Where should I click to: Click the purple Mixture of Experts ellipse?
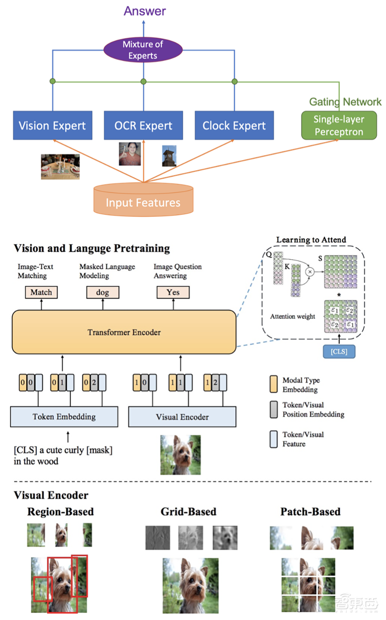143,50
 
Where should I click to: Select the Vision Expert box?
52,126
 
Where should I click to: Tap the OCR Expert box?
143,126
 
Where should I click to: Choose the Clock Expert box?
234,126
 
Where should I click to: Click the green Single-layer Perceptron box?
339,126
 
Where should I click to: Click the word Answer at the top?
144,11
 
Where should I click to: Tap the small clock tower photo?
169,156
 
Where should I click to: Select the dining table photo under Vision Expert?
60,166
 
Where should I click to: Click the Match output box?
41,292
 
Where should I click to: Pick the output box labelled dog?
103,292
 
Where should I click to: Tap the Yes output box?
173,292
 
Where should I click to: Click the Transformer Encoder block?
124,332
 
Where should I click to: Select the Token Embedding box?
64,417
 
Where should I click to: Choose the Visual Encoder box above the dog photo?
182,417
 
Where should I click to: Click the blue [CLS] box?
339,352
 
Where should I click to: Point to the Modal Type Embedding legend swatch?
274,384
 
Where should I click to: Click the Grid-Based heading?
188,512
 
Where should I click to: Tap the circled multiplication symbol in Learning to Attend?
310,272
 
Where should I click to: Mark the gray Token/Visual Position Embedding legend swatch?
274,409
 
